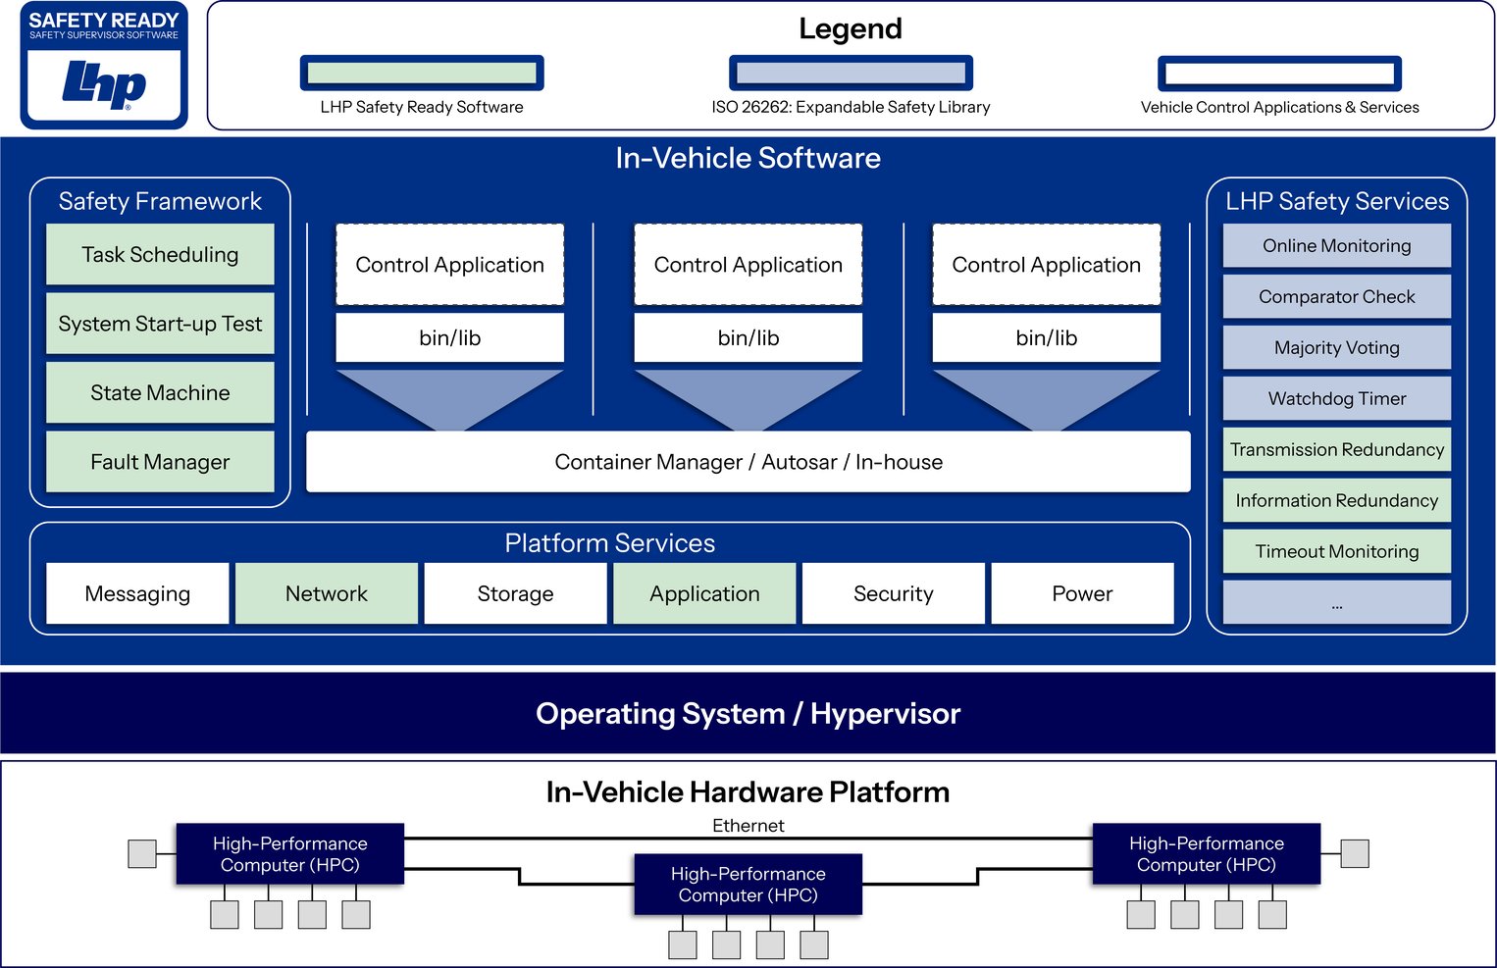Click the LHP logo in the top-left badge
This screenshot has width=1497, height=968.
[x=104, y=84]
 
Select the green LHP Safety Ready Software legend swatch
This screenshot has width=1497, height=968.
[x=422, y=74]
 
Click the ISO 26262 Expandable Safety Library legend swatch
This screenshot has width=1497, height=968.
[x=851, y=74]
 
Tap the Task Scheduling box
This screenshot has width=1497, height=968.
[x=160, y=255]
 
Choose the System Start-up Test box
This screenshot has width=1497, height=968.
[x=160, y=324]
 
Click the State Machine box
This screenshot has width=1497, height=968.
[x=160, y=393]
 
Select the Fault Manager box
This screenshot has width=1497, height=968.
[x=160, y=462]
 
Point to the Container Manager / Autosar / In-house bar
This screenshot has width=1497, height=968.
[x=748, y=462]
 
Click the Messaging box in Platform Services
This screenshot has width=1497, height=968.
[x=137, y=593]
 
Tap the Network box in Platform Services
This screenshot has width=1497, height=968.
[x=327, y=593]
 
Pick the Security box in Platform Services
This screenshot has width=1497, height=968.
[x=893, y=593]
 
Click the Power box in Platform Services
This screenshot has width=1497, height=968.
[x=1082, y=593]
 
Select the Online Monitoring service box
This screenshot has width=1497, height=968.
[x=1336, y=246]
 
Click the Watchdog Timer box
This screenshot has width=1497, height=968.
[x=1336, y=399]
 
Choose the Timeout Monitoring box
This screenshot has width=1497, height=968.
[x=1336, y=552]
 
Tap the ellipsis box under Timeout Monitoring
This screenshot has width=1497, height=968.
[x=1336, y=602]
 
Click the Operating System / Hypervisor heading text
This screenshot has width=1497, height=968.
[x=748, y=714]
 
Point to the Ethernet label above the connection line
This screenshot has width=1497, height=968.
[x=748, y=826]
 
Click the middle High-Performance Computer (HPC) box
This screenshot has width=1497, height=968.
[x=748, y=885]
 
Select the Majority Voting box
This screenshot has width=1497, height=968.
[x=1336, y=348]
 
